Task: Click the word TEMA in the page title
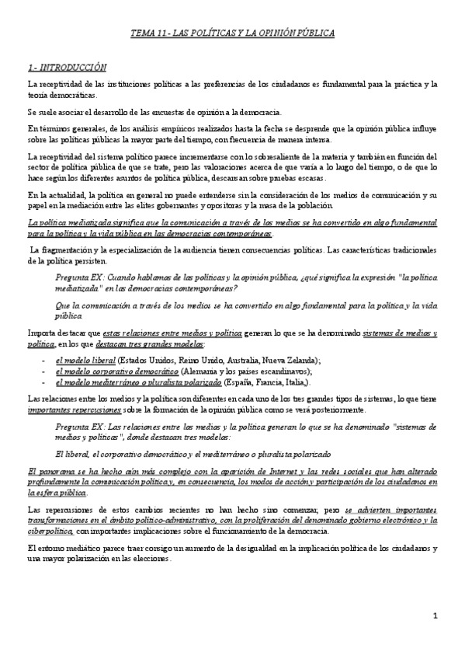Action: (142, 33)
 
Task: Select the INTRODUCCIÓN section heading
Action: (71, 68)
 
